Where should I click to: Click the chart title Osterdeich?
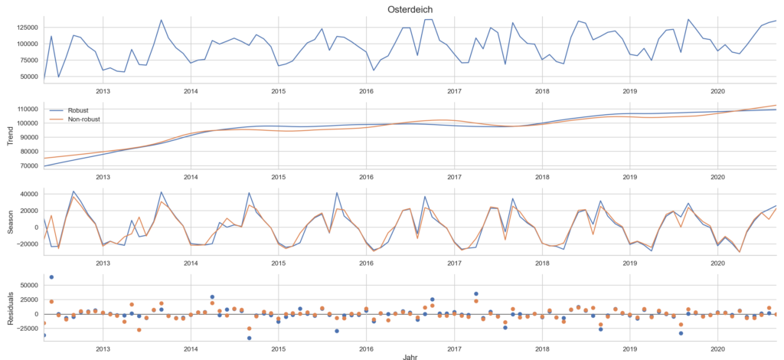[409, 9]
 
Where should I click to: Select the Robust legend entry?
[78, 110]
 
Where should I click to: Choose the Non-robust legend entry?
[84, 119]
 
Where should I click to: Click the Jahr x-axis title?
[409, 355]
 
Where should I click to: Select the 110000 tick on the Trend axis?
[25, 109]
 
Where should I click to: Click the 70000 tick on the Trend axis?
[28, 165]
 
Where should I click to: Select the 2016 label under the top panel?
[366, 90]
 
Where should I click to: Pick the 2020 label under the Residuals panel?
[717, 348]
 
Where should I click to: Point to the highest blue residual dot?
[51, 277]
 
